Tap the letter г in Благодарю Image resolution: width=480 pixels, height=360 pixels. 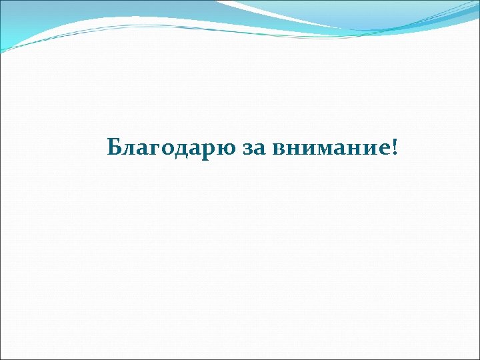click(155, 148)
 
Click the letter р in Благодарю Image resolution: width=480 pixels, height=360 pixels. click(209, 149)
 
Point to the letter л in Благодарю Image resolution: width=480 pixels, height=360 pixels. click(129, 148)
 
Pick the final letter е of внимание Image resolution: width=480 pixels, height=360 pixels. click(386, 148)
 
